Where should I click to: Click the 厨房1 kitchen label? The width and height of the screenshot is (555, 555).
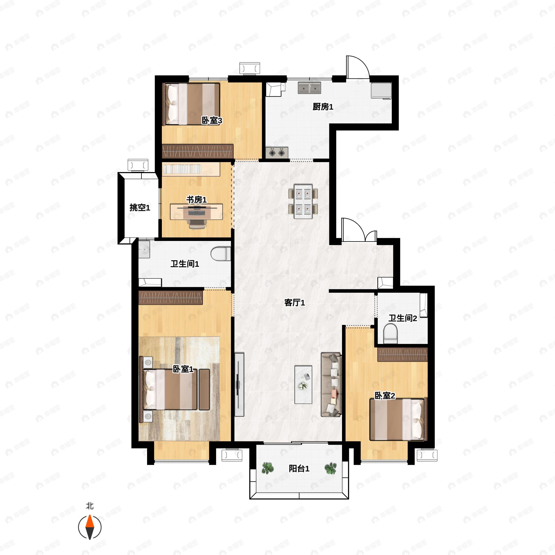pos(323,107)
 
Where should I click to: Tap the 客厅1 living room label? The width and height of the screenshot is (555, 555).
pos(294,302)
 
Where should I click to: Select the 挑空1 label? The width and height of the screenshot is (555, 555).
pos(140,207)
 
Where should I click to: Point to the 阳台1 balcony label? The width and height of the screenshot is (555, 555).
pos(299,469)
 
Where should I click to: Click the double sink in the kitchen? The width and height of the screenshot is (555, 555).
pos(309,88)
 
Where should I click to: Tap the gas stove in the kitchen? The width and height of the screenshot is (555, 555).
pos(277,153)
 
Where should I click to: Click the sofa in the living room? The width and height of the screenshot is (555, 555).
pos(331,385)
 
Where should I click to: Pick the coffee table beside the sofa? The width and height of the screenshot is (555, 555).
pos(303,385)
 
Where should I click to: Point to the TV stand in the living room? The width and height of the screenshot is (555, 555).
pos(239,385)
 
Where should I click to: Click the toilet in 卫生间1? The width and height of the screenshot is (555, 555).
pos(221,254)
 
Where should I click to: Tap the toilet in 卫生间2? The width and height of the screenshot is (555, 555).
pos(390,333)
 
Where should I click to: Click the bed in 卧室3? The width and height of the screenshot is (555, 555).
pos(191,104)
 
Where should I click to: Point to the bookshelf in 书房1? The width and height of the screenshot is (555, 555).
pos(191,169)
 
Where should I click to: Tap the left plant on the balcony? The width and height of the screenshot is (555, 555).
pos(268,468)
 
